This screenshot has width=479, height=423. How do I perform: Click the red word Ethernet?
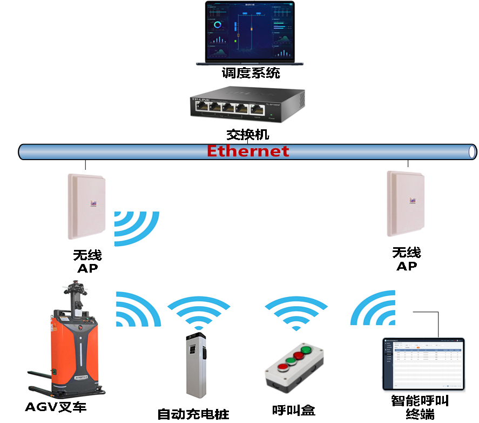pyautogui.click(x=248, y=151)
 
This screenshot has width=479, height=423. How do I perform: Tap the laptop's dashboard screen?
pyautogui.click(x=249, y=31)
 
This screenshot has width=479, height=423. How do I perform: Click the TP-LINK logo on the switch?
pyautogui.click(x=200, y=99)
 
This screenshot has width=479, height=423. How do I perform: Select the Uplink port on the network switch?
pyautogui.click(x=258, y=109)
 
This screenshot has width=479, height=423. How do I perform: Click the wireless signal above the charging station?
pyautogui.click(x=198, y=313)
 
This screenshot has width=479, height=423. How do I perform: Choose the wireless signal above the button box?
pyautogui.click(x=295, y=313)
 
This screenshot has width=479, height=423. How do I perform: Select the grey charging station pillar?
pyautogui.click(x=197, y=365)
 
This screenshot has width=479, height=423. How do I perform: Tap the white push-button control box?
pyautogui.click(x=293, y=366)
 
